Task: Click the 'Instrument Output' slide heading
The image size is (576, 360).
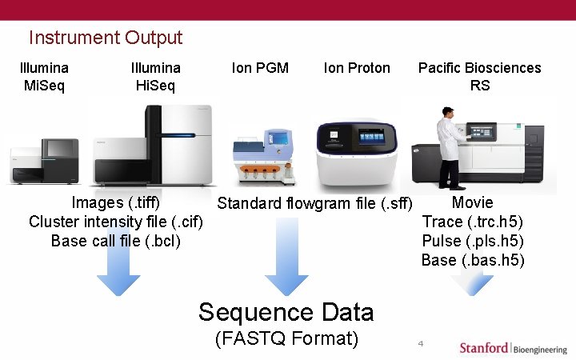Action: (106, 38)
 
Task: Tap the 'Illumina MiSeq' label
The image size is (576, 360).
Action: (44, 76)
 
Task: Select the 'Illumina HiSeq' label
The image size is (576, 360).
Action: (156, 76)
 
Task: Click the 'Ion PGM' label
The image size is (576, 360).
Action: (260, 68)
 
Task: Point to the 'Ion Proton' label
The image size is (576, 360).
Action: (357, 68)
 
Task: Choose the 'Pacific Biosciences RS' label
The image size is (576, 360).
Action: (479, 76)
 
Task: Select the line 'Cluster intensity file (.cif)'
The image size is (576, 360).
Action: (116, 222)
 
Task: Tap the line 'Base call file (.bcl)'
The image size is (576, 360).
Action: (116, 241)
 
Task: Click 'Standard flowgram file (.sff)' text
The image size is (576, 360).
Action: (315, 204)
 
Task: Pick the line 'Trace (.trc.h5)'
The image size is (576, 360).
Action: (473, 222)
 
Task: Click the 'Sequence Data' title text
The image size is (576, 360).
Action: (286, 311)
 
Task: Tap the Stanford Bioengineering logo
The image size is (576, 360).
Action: (513, 348)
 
